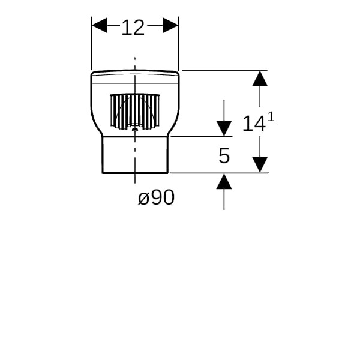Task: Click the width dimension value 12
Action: pos(133,27)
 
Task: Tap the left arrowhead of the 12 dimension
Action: pos(100,25)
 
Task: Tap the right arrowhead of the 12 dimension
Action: pos(170,25)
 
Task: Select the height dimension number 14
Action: pos(254,124)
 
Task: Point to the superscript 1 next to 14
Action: pos(271,118)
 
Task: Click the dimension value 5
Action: pos(224,156)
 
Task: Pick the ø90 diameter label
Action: pos(156,197)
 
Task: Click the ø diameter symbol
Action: pos(143,199)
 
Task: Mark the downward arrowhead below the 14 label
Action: pos(259,164)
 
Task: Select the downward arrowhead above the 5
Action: pos(224,128)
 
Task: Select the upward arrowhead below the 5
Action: pos(224,181)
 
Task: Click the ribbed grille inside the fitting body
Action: pos(135,111)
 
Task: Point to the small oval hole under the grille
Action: pos(135,128)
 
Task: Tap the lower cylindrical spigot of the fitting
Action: pos(135,155)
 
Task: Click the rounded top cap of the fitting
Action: pos(135,76)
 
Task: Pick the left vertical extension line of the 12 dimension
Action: pos(91,48)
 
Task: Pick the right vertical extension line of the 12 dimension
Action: pos(179,48)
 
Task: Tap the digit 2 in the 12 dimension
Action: pos(139,27)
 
